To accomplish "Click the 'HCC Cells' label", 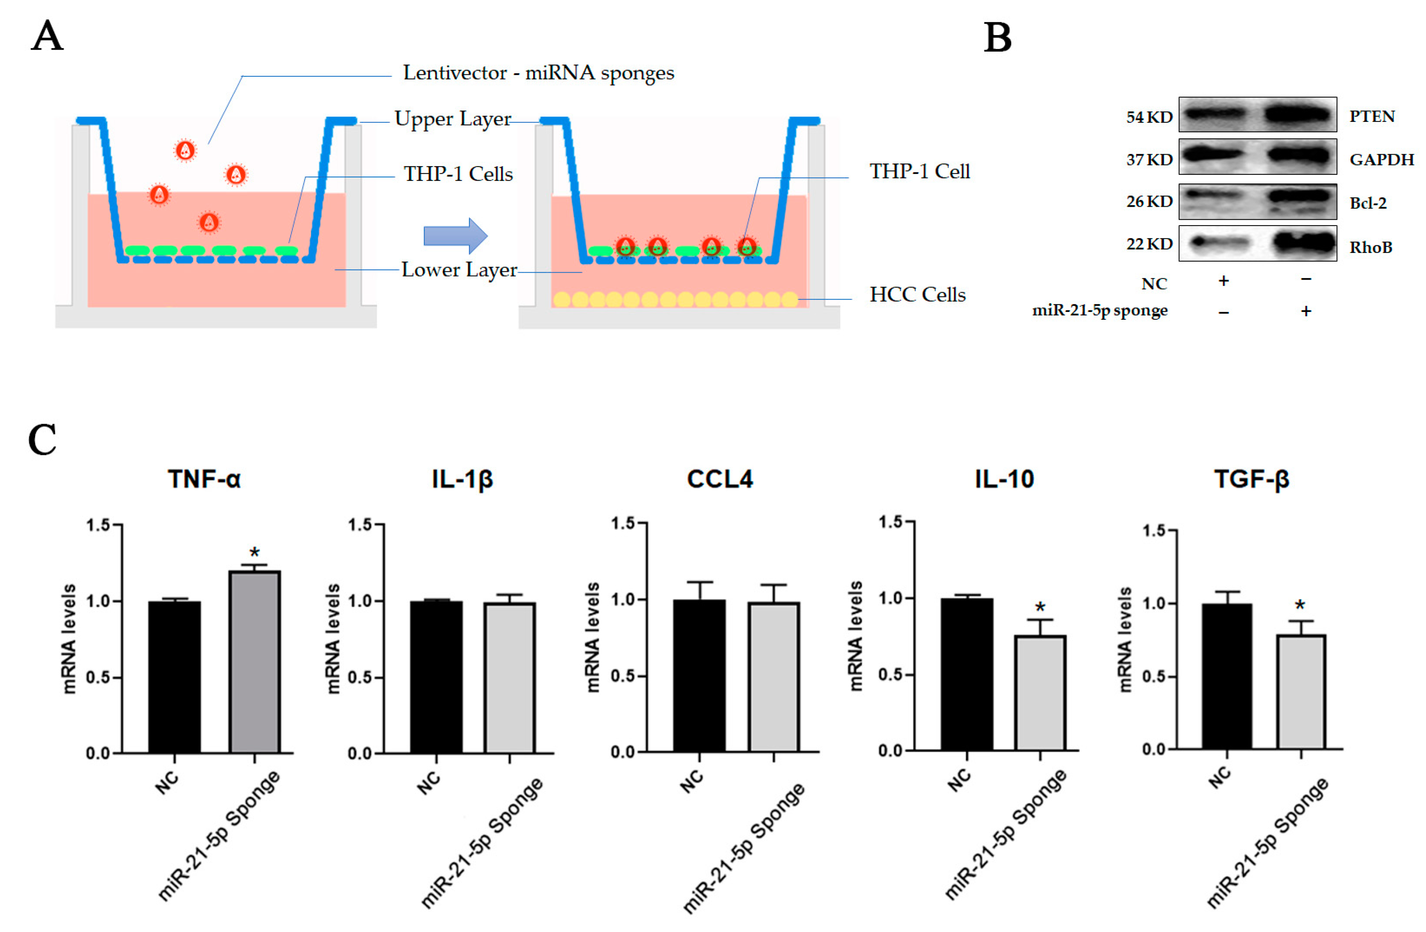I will (917, 295).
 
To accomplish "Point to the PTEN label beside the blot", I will (1372, 116).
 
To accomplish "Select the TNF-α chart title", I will (204, 479).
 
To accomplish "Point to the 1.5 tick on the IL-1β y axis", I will (361, 525).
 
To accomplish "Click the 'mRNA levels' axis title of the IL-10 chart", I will (856, 635).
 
